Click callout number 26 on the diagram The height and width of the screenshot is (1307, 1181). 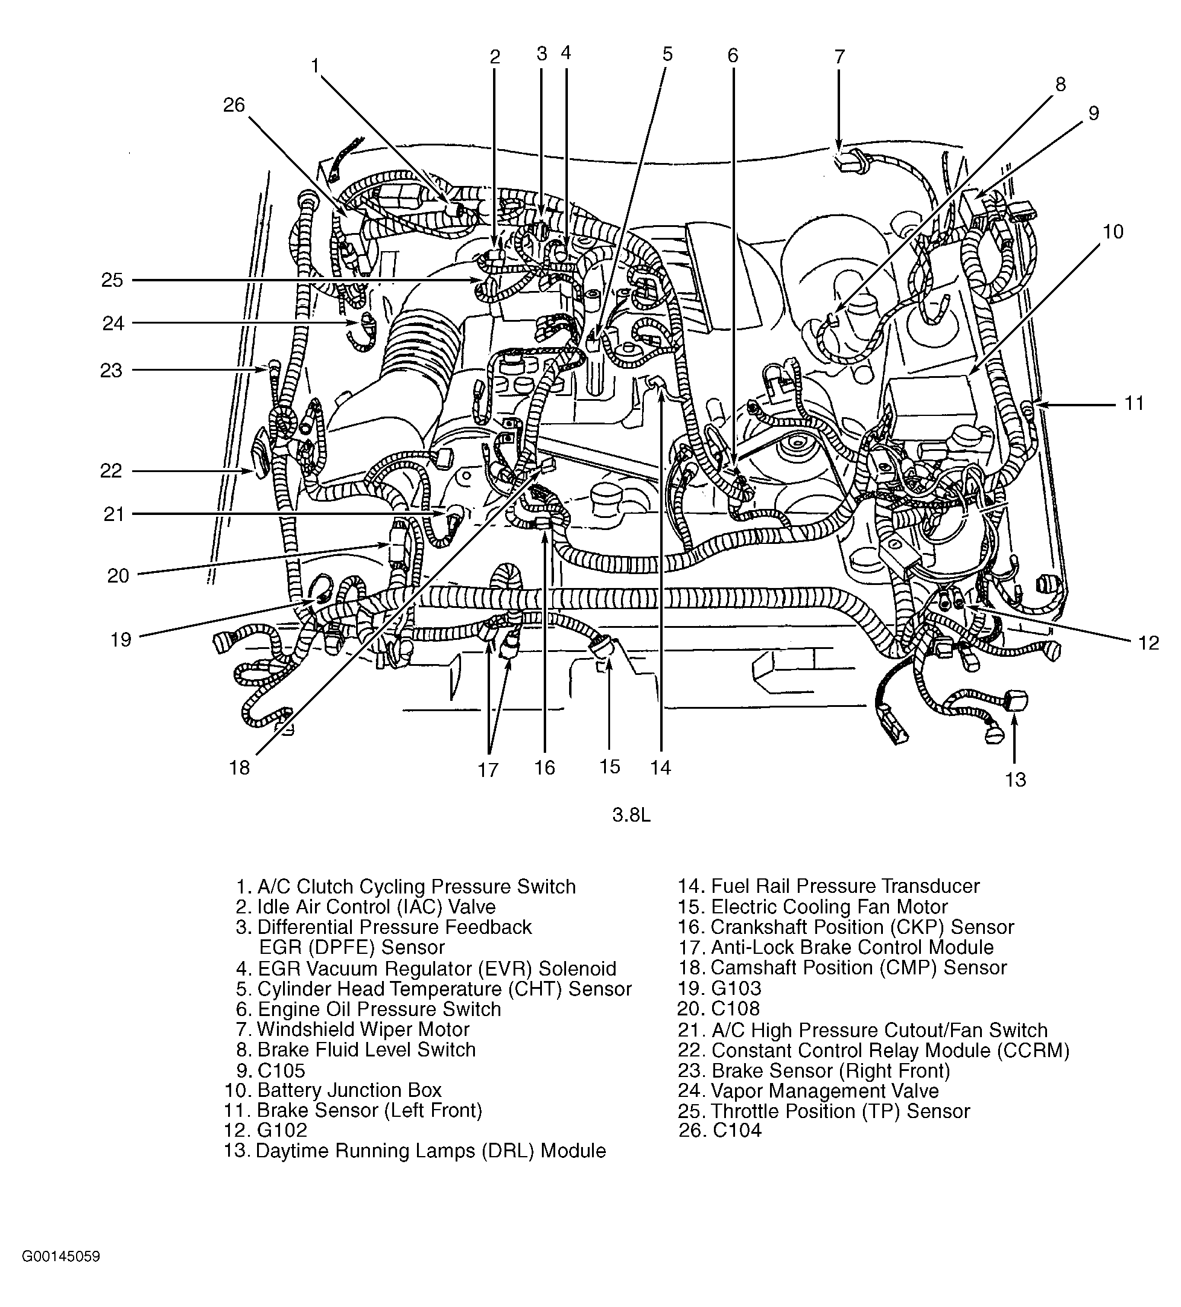point(234,105)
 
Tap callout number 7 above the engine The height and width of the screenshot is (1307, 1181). point(839,57)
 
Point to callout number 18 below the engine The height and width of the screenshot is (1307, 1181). point(239,768)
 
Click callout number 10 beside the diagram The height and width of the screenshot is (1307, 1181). point(1113,231)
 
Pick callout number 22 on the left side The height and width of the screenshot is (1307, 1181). point(112,471)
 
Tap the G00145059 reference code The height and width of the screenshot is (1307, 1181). point(62,1274)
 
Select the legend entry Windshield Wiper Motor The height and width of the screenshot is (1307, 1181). point(363,1029)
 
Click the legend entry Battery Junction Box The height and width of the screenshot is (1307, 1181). point(349,1090)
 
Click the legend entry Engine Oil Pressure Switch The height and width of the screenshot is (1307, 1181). point(379,1009)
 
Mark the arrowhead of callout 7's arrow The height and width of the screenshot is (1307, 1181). point(839,149)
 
